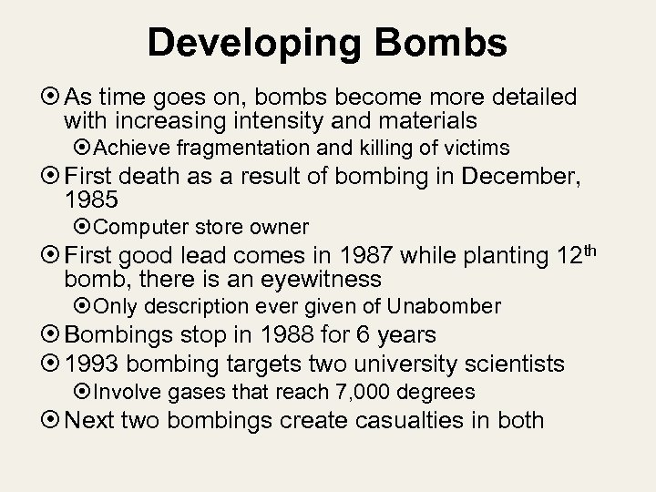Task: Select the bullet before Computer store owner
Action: [84, 226]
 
